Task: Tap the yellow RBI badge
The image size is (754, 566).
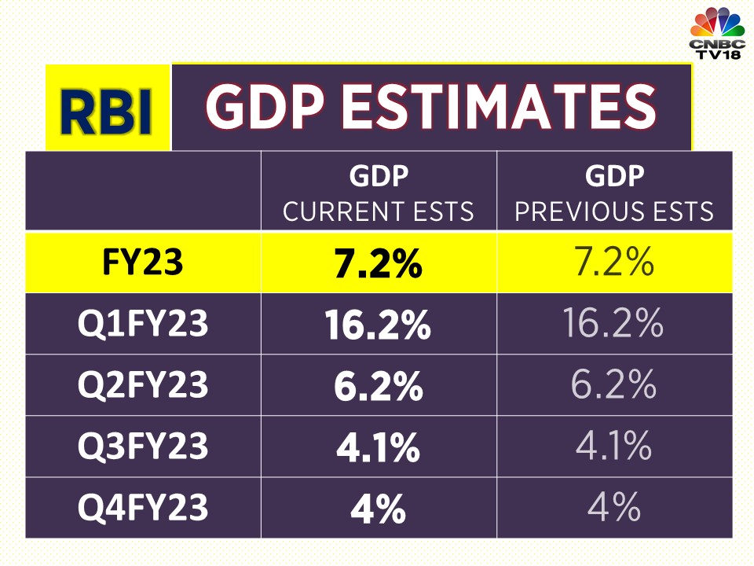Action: pos(108,108)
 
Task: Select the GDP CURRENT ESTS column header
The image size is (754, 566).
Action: pos(379,193)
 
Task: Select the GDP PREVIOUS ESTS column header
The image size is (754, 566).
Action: pos(614,193)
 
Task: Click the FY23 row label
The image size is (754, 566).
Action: pos(142,263)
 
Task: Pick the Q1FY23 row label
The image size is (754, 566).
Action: pos(142,324)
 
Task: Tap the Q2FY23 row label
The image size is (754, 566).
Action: pos(142,385)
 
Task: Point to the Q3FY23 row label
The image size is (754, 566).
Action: pos(142,447)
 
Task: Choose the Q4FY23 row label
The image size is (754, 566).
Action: pos(142,508)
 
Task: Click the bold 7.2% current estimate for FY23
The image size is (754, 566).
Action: pos(379,264)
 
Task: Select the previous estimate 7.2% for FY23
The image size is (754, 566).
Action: pos(614,263)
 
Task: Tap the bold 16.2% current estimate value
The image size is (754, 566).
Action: pos(379,325)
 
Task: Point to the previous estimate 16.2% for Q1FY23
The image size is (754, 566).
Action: pos(614,324)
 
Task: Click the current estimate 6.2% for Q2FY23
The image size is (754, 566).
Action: pos(379,387)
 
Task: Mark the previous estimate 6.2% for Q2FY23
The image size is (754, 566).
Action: pos(614,385)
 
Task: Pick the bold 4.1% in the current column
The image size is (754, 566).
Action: pos(379,448)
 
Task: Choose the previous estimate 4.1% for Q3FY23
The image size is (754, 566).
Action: pos(614,447)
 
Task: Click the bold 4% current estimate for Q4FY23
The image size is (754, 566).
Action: pos(379,509)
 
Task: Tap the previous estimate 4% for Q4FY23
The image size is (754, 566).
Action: pos(614,508)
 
